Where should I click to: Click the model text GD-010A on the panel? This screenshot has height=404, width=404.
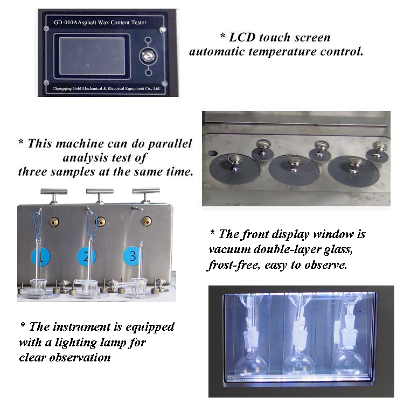click(x=66, y=23)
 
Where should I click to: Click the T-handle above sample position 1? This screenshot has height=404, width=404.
click(x=54, y=192)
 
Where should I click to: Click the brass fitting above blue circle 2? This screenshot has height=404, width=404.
click(x=99, y=221)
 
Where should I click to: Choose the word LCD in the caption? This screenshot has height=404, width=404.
click(x=244, y=38)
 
